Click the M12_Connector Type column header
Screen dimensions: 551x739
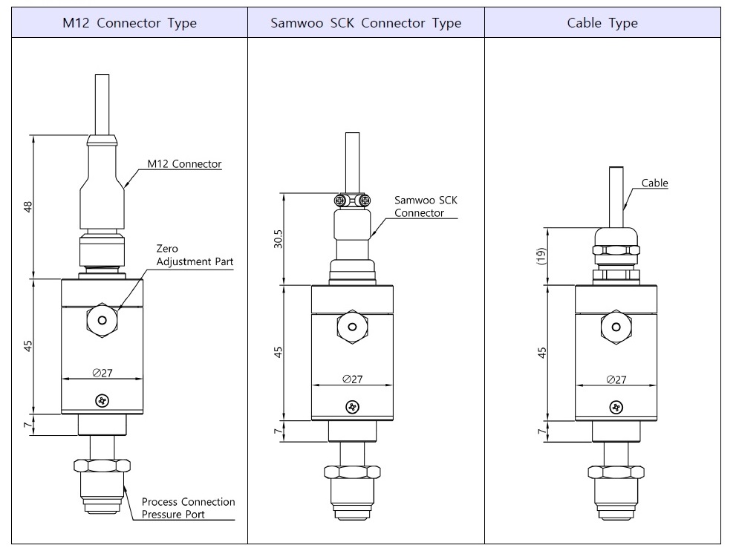tap(129, 23)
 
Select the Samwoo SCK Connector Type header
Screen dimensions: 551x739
tap(365, 23)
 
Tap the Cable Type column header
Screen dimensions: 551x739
tap(602, 23)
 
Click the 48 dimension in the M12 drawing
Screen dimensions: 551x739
tap(29, 206)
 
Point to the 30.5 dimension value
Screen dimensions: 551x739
tap(279, 238)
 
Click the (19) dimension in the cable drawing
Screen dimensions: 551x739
tap(542, 255)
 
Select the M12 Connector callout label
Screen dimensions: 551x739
tap(184, 164)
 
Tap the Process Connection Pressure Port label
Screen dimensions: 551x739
tap(188, 508)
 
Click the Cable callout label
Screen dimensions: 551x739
tap(654, 183)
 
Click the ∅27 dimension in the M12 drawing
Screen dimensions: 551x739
tap(102, 373)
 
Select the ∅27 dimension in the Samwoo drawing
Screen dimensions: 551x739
tap(353, 379)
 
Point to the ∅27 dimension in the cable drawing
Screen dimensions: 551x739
tap(616, 379)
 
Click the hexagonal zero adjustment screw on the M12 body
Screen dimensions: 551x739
tap(102, 320)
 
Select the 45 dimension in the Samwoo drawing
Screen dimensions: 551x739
tap(279, 351)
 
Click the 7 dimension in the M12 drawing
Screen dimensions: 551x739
tap(29, 425)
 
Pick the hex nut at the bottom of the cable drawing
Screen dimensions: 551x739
tap(615, 472)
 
